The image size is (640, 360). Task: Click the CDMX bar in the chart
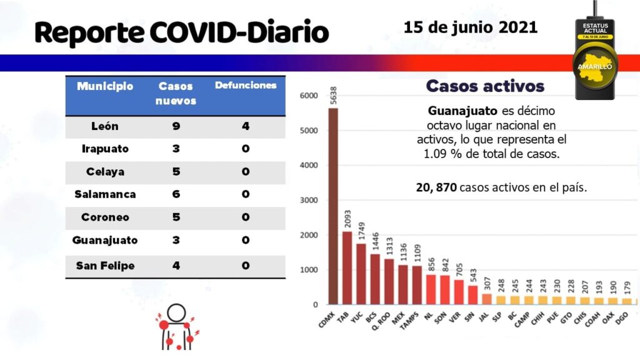(x=333, y=206)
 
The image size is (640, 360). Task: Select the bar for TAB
(x=347, y=268)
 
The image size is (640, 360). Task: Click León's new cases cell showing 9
(x=176, y=126)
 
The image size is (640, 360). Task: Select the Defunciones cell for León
(x=246, y=126)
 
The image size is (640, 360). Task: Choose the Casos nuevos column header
(x=176, y=93)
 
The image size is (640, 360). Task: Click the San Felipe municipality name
(x=105, y=266)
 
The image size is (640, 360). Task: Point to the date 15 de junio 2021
(x=470, y=27)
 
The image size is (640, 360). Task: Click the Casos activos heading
(x=485, y=86)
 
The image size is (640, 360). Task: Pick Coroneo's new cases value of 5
(x=176, y=217)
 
